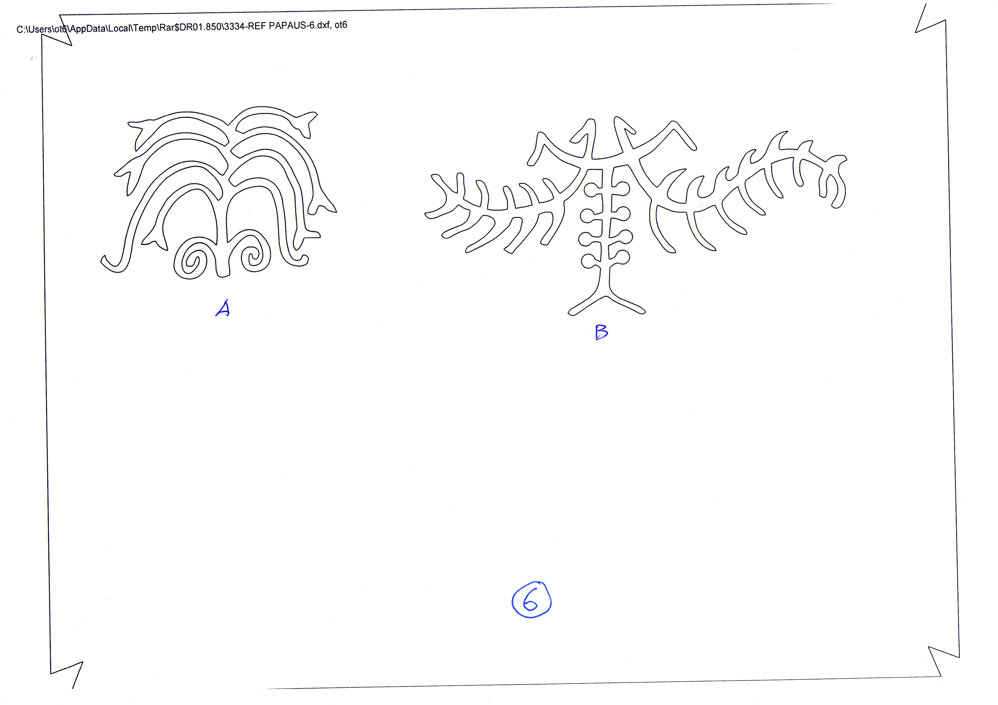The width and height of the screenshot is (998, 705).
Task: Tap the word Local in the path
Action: (x=119, y=28)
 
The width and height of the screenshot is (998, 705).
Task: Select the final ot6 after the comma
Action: (x=341, y=25)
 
